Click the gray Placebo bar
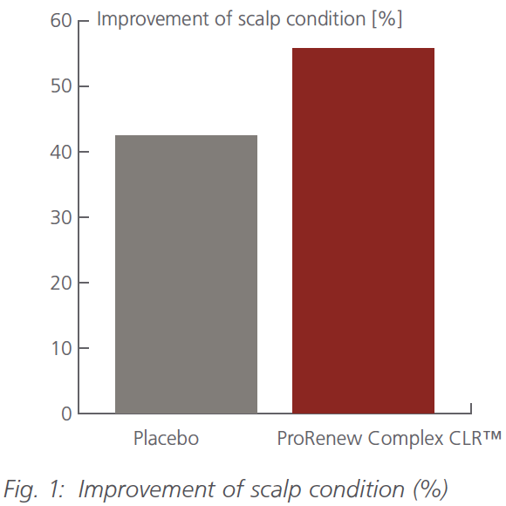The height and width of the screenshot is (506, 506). (x=186, y=274)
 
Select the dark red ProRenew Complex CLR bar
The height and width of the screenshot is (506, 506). (x=363, y=230)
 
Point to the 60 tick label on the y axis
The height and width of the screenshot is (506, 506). (x=60, y=21)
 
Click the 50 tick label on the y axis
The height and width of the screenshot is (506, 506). (x=60, y=86)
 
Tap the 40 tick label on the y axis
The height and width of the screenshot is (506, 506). (x=60, y=152)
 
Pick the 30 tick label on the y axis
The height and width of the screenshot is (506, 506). (x=60, y=217)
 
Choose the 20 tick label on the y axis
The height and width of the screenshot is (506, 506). (x=60, y=283)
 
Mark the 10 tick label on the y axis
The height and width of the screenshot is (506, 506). (x=60, y=348)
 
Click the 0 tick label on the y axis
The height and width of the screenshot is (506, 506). (x=66, y=414)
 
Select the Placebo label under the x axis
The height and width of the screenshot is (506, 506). (x=166, y=439)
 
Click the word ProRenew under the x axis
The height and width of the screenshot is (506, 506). (x=314, y=439)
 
